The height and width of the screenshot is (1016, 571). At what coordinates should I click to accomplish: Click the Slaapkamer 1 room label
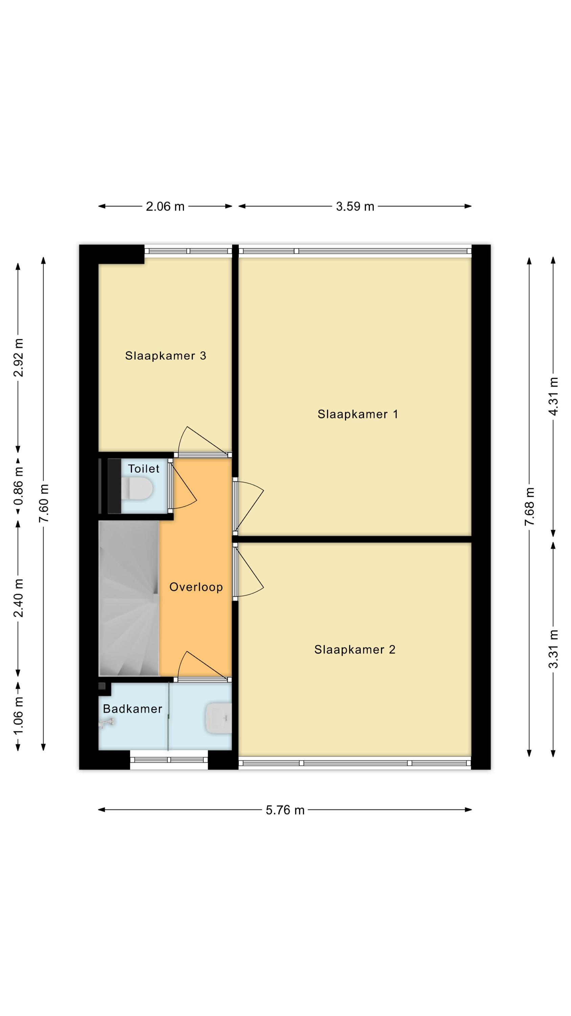358,414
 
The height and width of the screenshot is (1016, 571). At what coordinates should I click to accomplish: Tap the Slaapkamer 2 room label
355,650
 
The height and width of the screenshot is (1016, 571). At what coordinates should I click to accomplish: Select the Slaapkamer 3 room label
165,356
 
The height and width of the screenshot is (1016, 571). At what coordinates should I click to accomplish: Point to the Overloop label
196,587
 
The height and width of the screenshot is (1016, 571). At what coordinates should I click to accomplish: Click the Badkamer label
132,709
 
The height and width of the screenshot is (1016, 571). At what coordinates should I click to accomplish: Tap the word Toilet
143,469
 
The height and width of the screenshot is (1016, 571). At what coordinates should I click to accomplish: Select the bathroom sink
218,719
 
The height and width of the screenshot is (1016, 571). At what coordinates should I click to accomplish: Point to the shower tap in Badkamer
107,723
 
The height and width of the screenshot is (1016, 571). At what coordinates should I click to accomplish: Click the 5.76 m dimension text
285,810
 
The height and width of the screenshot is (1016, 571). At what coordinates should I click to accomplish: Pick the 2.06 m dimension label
165,206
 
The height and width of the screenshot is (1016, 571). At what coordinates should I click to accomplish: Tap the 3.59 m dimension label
355,206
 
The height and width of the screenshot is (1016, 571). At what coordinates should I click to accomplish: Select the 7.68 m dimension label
530,506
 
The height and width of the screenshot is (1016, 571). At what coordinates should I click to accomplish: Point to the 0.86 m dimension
18,486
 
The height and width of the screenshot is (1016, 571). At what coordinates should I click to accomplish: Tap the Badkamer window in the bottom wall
169,760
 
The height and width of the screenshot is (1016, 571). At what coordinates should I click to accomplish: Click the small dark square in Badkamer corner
102,686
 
